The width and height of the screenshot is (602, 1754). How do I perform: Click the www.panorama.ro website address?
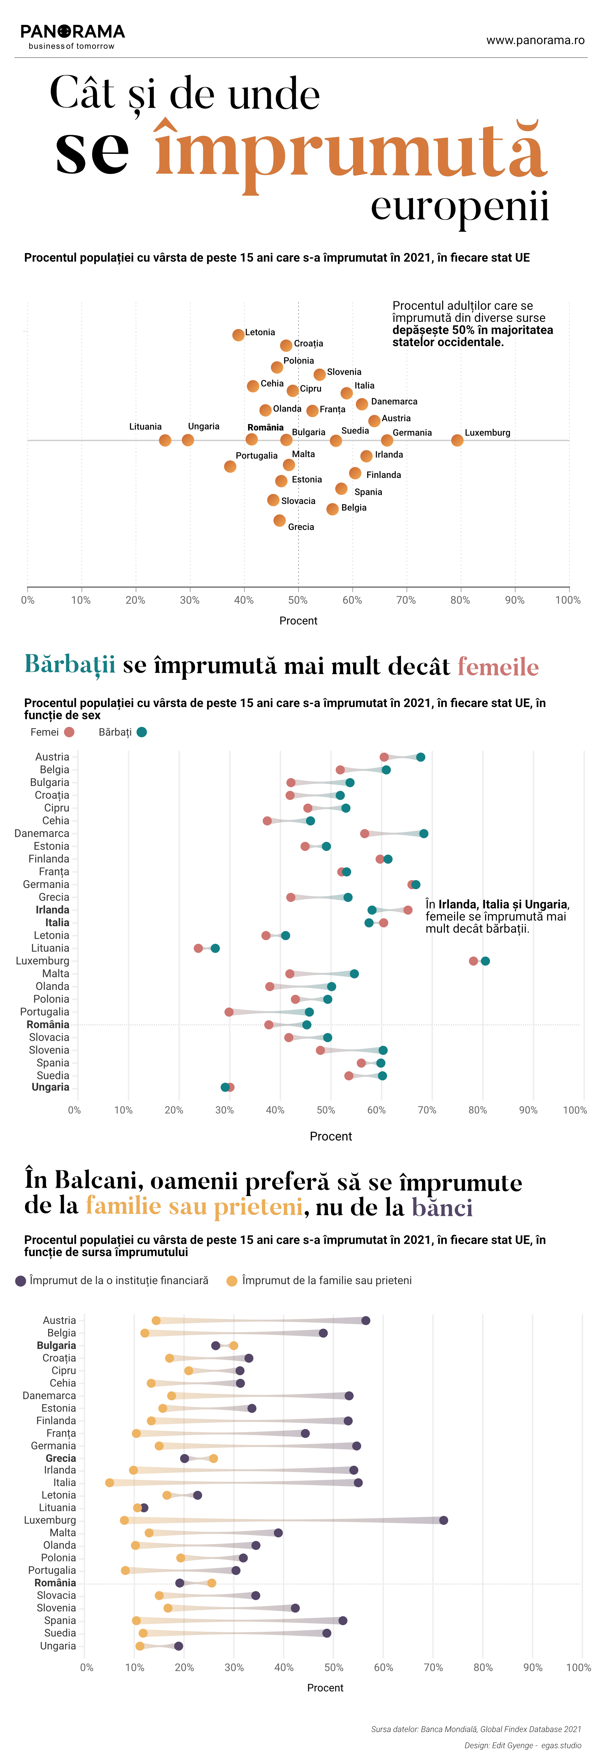tap(535, 40)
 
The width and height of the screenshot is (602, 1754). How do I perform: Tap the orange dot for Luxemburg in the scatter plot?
tap(457, 441)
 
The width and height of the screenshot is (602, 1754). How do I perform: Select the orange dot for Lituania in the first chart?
tap(165, 441)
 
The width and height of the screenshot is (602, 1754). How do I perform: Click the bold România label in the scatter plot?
tap(265, 428)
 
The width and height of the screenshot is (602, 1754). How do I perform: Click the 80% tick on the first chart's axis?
tap(460, 600)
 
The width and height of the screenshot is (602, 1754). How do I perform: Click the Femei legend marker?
tap(69, 732)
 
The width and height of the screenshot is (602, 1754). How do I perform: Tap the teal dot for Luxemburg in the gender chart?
tap(485, 961)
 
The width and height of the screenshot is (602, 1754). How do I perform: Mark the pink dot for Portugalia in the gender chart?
tap(229, 1012)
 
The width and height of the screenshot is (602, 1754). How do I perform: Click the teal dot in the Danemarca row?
tap(424, 834)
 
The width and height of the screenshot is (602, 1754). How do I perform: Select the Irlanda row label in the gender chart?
tap(52, 910)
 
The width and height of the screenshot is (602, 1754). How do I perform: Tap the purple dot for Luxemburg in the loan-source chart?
tap(443, 1520)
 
